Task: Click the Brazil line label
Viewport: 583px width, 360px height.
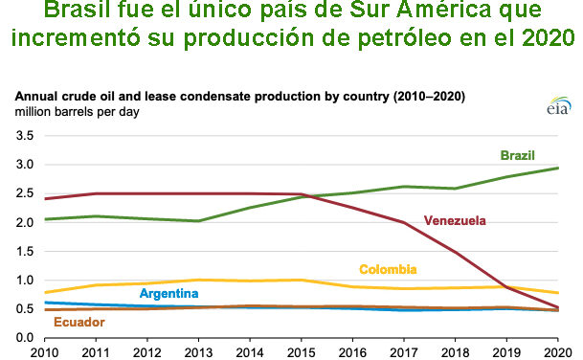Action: pyautogui.click(x=517, y=155)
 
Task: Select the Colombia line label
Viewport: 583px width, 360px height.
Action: pyautogui.click(x=388, y=269)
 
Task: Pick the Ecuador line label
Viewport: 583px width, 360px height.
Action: pyautogui.click(x=79, y=322)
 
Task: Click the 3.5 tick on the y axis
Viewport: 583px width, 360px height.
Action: pyautogui.click(x=26, y=136)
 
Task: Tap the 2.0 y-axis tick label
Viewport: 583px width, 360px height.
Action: pyautogui.click(x=26, y=222)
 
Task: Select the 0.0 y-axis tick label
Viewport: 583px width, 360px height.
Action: pyautogui.click(x=26, y=338)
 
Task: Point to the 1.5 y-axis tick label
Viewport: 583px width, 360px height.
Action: pyautogui.click(x=26, y=251)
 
